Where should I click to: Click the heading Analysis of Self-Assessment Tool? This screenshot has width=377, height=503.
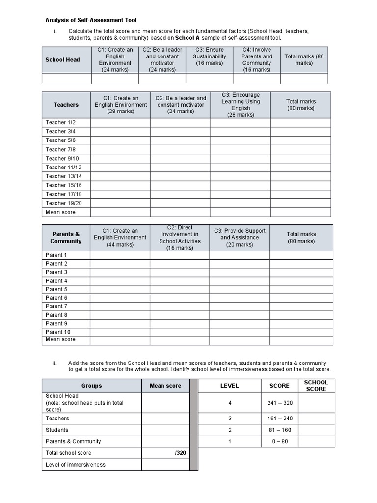[91, 20]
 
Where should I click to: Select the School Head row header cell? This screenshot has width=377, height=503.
[62, 60]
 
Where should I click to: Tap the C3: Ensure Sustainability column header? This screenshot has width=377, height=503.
[209, 60]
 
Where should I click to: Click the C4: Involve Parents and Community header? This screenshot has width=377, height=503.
[256, 60]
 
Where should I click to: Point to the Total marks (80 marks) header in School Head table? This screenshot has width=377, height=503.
[304, 60]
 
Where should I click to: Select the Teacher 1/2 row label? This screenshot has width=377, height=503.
[61, 122]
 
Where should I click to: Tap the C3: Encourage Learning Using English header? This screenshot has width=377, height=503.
[241, 105]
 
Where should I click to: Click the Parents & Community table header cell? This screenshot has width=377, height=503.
[66, 238]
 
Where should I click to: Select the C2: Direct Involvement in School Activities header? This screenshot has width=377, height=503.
[179, 238]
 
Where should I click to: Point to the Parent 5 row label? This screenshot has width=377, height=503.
[56, 289]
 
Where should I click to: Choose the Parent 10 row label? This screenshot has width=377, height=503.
[58, 332]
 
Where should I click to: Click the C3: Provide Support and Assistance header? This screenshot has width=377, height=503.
[240, 238]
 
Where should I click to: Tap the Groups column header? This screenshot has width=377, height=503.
[92, 386]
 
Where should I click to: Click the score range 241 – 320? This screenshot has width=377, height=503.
[280, 403]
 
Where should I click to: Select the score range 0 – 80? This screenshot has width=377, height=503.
[280, 441]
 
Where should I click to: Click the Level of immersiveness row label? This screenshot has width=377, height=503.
[76, 464]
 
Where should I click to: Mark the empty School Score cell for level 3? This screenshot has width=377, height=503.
[317, 419]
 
